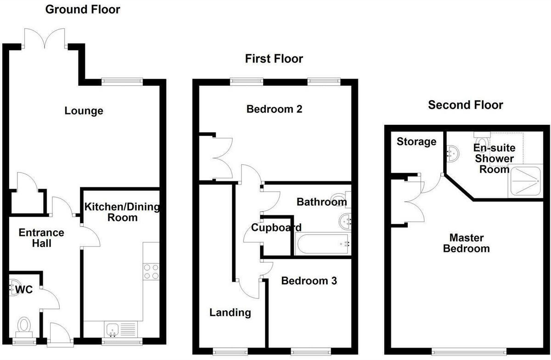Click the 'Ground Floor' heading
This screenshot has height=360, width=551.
pos(82,9)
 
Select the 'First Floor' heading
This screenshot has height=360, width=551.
pos(274,59)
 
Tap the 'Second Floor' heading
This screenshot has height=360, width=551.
pos(465,105)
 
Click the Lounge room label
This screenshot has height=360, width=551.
pos(84,111)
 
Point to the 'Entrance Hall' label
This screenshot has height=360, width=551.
pos(41,238)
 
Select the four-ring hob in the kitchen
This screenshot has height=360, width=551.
pos(151,271)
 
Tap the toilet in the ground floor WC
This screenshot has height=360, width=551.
pos(23,326)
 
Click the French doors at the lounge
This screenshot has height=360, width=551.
pos(45,37)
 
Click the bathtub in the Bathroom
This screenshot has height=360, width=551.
pos(323,244)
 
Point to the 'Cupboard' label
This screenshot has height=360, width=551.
pos(276,227)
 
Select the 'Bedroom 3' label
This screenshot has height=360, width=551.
pos(309,281)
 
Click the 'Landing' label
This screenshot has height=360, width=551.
pos(230,313)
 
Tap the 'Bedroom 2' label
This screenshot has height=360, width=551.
pos(274,109)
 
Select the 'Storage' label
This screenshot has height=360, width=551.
pos(416,141)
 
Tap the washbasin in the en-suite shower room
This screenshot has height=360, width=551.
pos(452,152)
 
